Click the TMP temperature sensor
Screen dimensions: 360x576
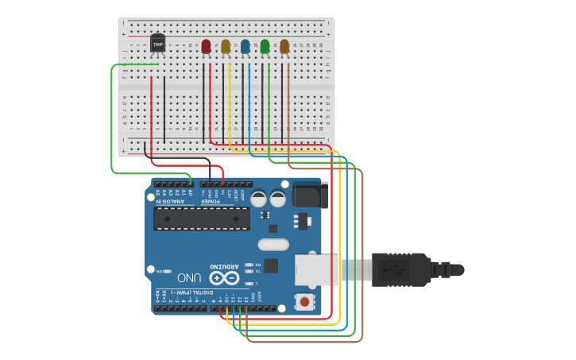tap(157, 45)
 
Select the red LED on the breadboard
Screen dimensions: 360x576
tap(207, 47)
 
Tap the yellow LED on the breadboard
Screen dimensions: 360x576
tap(226, 47)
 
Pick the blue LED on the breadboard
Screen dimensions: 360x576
tap(245, 47)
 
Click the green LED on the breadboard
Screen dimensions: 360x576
tap(265, 47)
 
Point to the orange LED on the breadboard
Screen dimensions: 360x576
tap(284, 47)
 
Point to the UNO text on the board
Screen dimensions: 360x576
tap(188, 278)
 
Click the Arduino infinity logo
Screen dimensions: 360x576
tap(223, 277)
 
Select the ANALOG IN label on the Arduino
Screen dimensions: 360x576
tap(172, 201)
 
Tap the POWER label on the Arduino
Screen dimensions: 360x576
tap(210, 201)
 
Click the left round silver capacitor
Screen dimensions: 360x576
tap(259, 198)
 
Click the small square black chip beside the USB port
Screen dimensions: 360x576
tap(271, 265)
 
